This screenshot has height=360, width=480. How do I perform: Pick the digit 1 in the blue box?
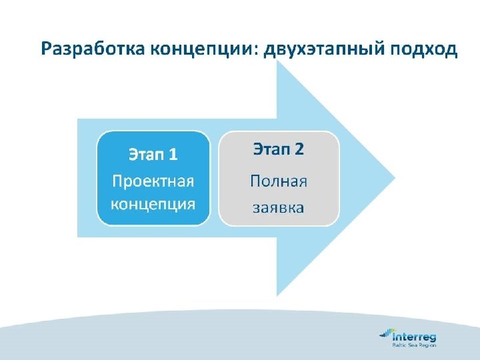pos(173,155)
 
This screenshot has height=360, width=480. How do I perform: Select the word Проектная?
pos(153,181)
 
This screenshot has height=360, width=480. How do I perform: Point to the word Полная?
pos(279,180)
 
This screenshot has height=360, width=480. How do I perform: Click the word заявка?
pos(279,208)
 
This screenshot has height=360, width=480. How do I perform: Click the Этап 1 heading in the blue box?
pos(153,155)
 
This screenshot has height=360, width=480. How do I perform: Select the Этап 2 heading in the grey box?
pos(279,149)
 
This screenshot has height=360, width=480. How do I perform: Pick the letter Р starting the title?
pos(46,50)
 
